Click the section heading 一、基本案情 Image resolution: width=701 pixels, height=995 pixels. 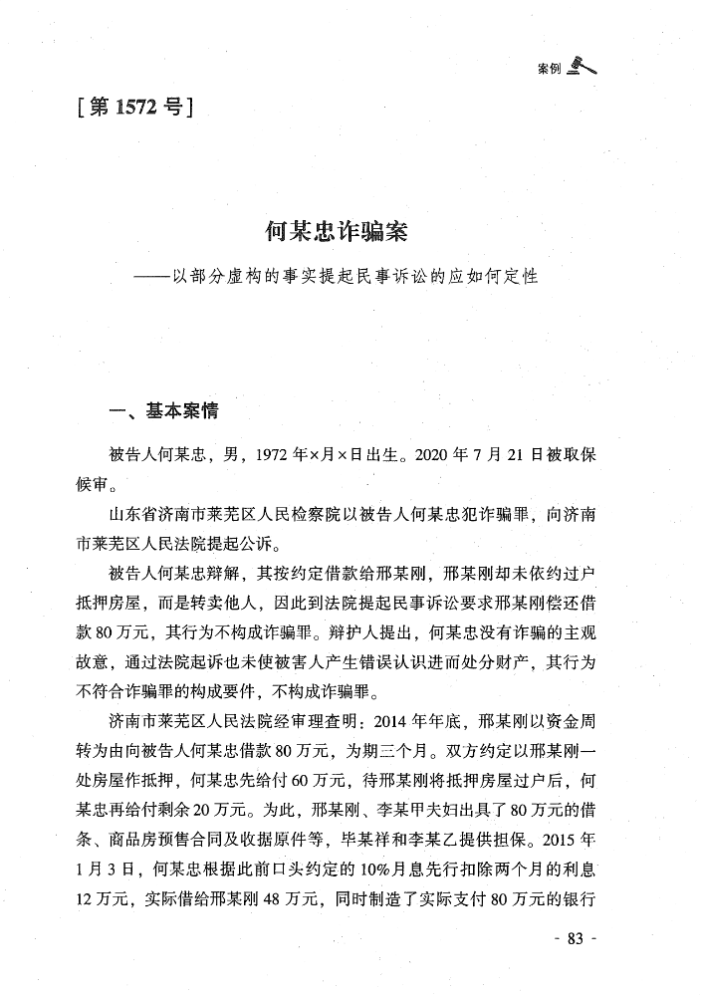coord(163,410)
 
